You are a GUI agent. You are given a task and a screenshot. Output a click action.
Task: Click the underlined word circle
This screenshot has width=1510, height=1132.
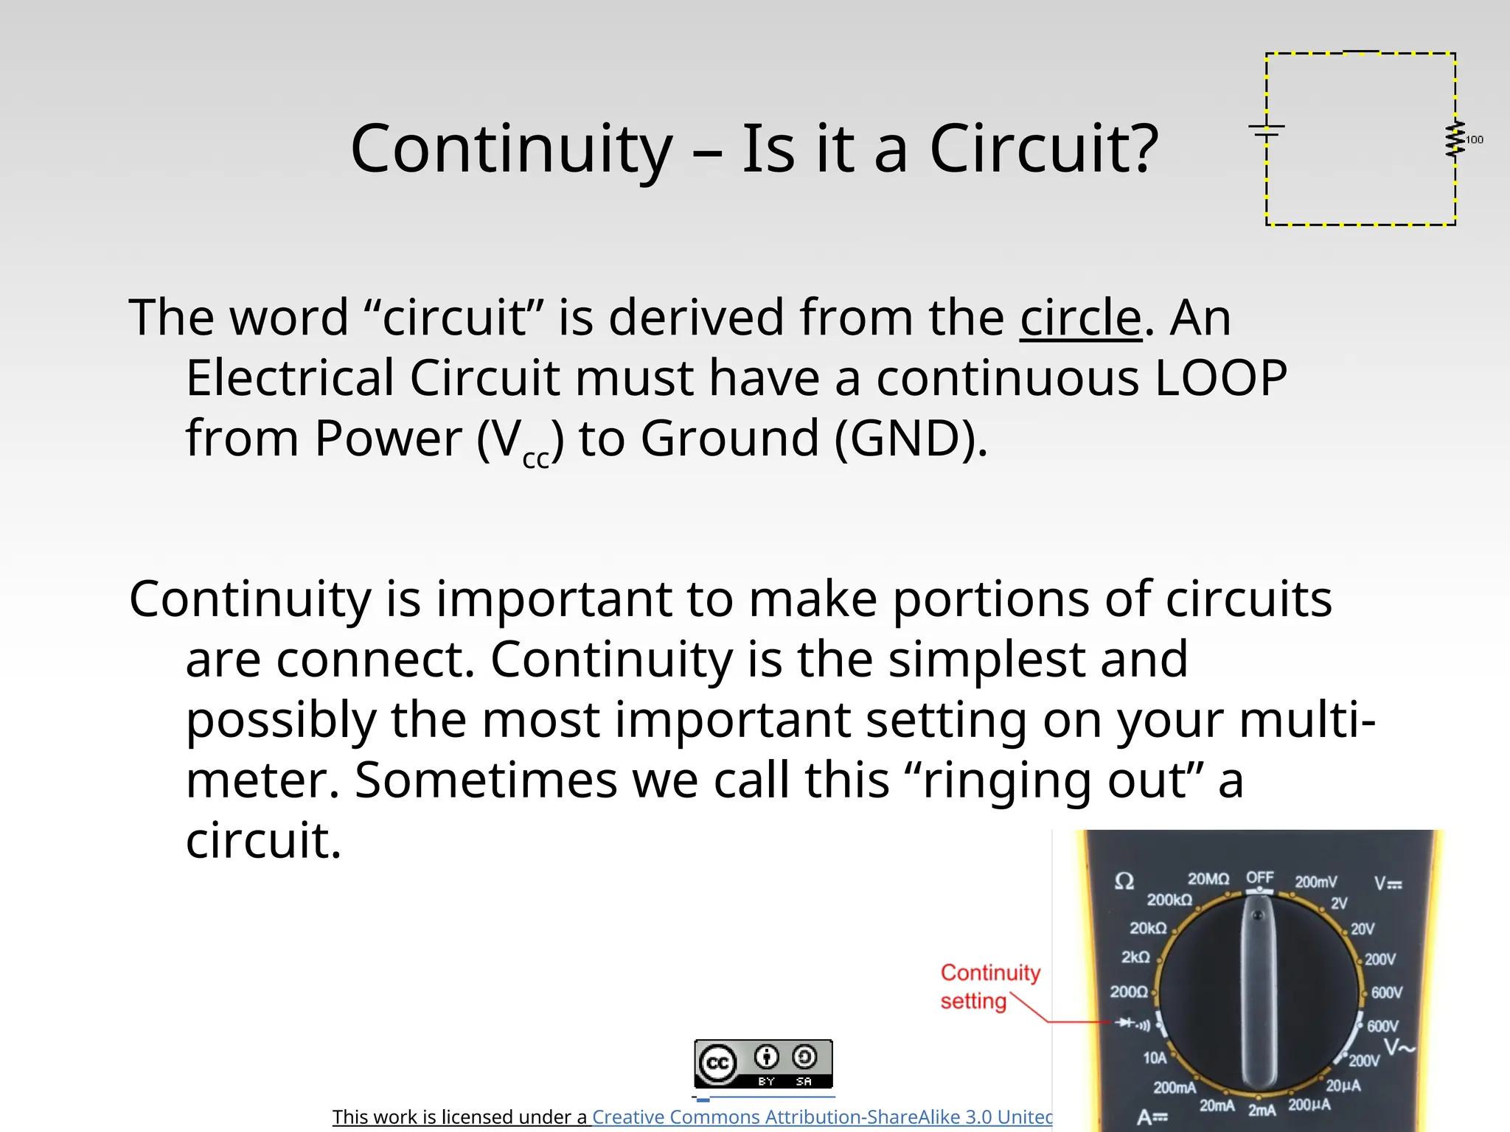[1080, 318]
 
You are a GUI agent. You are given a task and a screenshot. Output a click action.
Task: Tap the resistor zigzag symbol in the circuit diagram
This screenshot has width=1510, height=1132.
[1455, 139]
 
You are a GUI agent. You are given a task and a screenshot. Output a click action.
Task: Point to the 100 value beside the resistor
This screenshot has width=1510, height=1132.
[1475, 139]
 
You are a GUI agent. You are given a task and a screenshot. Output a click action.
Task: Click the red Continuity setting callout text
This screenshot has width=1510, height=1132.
[989, 986]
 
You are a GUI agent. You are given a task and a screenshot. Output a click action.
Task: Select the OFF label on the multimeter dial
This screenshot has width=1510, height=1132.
[1260, 877]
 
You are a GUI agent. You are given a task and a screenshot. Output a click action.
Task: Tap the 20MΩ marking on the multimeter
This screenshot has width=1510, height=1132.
[1208, 878]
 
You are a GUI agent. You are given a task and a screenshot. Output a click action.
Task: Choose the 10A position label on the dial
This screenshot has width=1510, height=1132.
[1155, 1058]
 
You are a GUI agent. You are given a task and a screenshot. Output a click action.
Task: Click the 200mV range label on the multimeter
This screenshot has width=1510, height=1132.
[1316, 881]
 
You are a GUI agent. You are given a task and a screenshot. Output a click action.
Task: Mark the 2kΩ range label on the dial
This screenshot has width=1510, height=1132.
[1135, 957]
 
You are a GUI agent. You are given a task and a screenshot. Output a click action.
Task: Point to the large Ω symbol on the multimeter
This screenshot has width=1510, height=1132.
[1124, 881]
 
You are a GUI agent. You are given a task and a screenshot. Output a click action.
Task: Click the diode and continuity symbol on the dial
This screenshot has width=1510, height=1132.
[1132, 1023]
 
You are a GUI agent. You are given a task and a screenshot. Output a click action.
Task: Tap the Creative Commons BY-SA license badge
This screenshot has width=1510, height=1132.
[763, 1063]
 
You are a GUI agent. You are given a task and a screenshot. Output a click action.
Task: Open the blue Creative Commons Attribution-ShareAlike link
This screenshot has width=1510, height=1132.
[822, 1117]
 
